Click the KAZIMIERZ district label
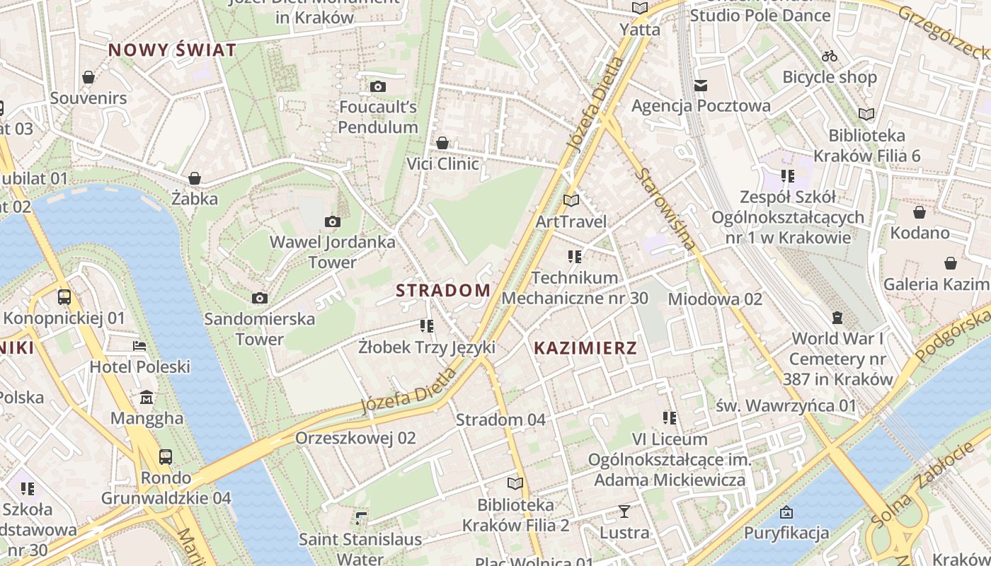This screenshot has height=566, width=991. [585, 348]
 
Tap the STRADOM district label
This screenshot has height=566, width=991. [443, 290]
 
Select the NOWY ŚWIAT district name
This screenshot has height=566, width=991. [172, 50]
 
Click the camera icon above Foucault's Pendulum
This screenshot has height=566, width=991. [378, 86]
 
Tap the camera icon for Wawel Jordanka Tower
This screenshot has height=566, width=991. [332, 222]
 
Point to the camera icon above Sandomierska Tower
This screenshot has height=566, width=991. [260, 298]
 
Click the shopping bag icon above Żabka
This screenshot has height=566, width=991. [195, 178]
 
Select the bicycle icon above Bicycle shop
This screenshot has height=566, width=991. [830, 56]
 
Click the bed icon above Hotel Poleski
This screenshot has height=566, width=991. [140, 346]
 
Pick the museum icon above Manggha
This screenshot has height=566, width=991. [147, 397]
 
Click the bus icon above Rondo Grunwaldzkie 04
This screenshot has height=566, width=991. [166, 456]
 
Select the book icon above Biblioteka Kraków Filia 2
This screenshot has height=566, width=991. [515, 484]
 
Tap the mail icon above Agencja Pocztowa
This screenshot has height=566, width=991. [701, 86]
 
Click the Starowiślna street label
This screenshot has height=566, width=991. [665, 209]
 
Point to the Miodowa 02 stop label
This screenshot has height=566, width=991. [714, 299]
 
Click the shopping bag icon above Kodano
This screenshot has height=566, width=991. [920, 212]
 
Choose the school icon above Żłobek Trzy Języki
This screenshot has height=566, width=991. [426, 326]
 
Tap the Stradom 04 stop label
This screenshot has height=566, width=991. [500, 420]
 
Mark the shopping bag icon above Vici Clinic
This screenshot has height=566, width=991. [442, 143]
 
